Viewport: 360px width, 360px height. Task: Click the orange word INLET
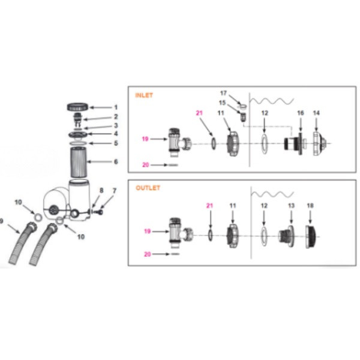[144, 95]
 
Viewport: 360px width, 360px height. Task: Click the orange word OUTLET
[148, 188]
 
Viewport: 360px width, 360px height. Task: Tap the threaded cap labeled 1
[77, 107]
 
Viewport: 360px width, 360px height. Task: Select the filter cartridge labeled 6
[78, 163]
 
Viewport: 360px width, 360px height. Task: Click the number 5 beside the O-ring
[116, 143]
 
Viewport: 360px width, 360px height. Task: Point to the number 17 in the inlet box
[223, 93]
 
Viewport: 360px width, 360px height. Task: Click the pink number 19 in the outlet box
[147, 231]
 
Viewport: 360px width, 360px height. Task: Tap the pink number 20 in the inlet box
[146, 165]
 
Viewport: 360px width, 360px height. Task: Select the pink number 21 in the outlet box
[209, 205]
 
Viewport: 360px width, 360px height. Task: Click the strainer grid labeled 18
[311, 237]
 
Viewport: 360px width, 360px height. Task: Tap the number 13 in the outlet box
[291, 205]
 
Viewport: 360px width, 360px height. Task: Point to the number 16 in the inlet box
[301, 113]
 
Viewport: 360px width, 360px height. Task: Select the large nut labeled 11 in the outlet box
[233, 236]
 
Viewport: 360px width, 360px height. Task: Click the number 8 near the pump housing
[101, 190]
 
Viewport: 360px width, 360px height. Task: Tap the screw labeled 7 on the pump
[99, 212]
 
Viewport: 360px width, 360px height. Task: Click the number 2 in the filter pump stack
[116, 116]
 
